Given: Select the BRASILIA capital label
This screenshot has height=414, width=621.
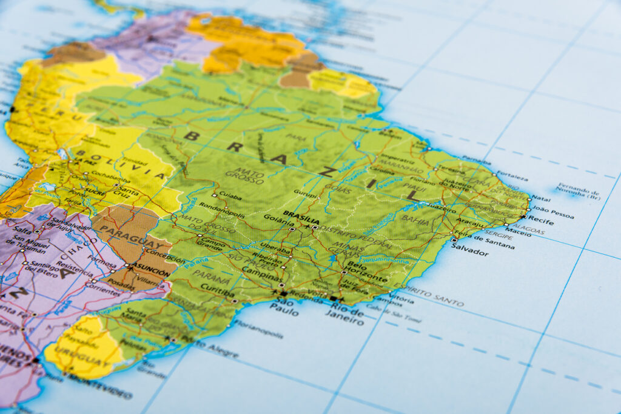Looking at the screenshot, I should coord(301,215).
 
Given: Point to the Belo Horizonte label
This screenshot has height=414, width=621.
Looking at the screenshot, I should coord(365,272).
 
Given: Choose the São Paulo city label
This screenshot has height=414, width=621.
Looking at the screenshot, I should coord(285,307).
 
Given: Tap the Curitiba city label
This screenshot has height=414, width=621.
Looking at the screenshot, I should coord(217,289).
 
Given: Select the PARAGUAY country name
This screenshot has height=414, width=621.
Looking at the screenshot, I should coord(130,238).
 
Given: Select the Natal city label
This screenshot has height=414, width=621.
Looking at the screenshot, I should coord(541,198).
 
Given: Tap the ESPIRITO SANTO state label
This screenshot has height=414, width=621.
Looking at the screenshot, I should coord(429,293).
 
